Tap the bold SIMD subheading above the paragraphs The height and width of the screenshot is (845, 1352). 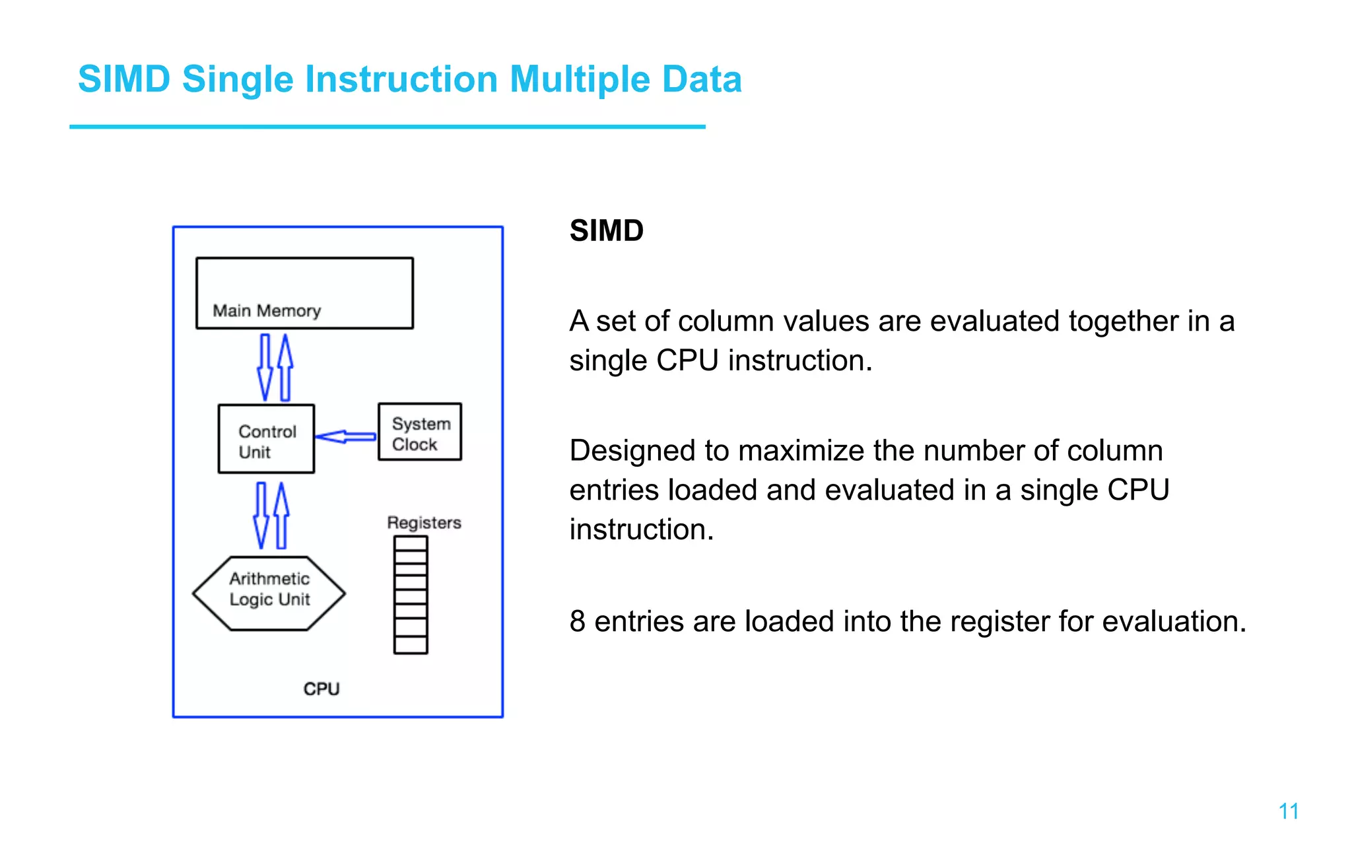point(606,231)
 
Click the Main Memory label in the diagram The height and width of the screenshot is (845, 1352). point(267,310)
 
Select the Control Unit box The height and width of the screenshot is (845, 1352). point(266,439)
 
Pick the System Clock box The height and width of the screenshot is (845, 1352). point(420,432)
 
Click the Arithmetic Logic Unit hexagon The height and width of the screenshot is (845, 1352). point(269,592)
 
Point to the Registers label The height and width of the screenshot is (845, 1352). point(424,522)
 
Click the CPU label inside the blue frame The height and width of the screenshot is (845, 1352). point(321,689)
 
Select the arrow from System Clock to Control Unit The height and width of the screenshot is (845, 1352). point(345,436)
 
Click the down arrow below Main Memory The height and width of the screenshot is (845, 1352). point(265,367)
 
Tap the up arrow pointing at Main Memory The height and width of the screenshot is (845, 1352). point(285,367)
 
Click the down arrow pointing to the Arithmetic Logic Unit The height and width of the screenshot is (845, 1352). point(261,515)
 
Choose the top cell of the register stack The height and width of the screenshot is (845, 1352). point(411,543)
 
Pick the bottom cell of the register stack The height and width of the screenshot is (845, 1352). point(411,645)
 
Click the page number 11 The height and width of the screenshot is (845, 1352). point(1288,811)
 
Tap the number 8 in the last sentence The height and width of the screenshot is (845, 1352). point(578,621)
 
